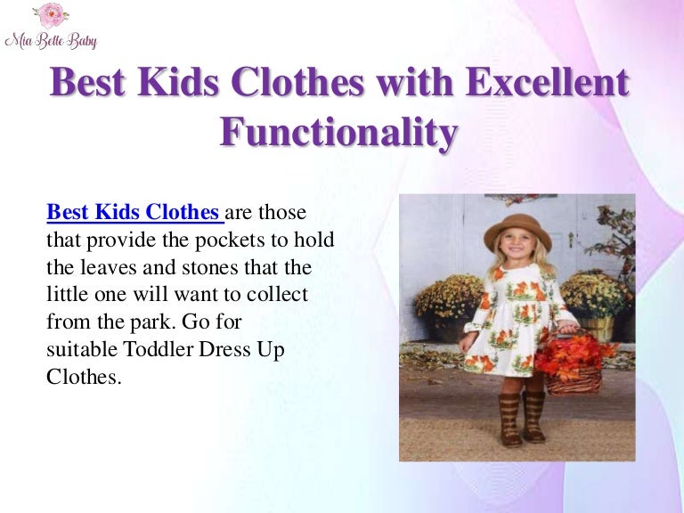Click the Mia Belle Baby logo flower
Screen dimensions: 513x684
point(50,16)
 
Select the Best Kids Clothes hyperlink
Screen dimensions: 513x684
point(132,213)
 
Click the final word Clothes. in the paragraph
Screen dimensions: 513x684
point(83,376)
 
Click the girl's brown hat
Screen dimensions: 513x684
point(517,230)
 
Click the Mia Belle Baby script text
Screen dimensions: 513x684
point(51,41)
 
